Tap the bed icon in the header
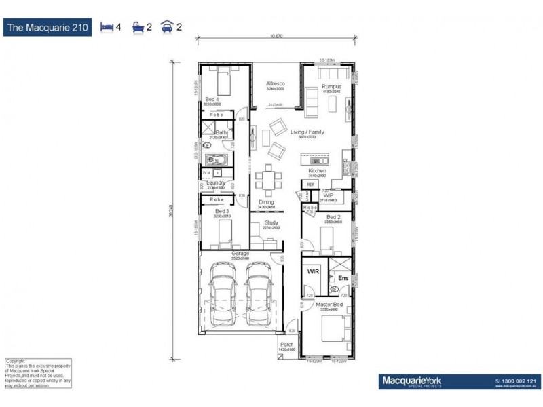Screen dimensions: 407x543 click(106, 28)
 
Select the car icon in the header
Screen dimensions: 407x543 click(166, 28)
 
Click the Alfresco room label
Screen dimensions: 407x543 click(275, 83)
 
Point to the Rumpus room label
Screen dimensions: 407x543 click(331, 87)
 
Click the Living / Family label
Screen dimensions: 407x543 click(307, 132)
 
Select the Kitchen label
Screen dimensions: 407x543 click(318, 171)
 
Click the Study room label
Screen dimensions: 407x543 click(271, 222)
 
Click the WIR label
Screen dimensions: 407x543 click(313, 271)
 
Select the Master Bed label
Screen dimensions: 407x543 click(328, 305)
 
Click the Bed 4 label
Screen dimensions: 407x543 click(212, 100)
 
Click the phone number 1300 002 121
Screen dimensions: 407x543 click(521, 381)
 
